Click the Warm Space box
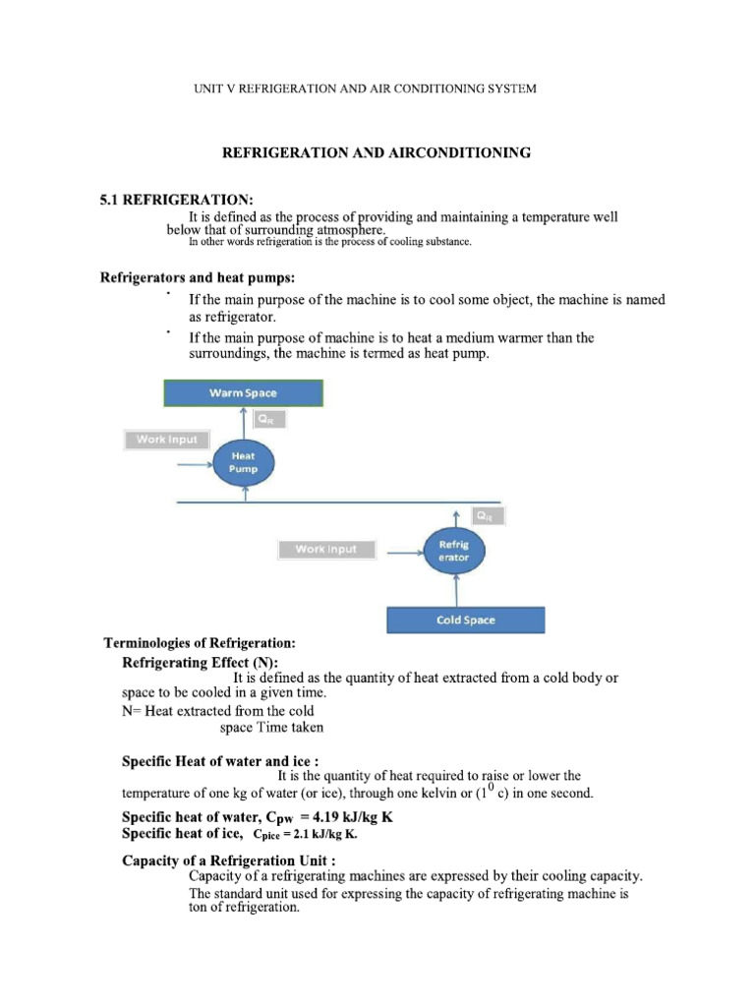tap(243, 393)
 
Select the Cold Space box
tap(465, 621)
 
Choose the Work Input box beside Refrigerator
tap(327, 549)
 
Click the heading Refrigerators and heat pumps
tap(198, 278)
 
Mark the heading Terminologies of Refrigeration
tap(200, 643)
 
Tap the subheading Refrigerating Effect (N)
tap(201, 662)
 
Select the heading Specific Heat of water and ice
tap(219, 760)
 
